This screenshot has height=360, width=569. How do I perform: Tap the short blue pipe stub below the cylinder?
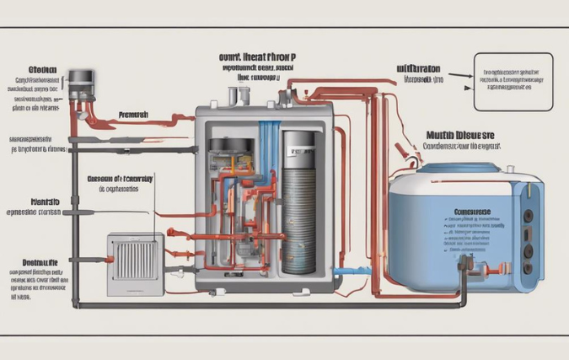[x=341, y=272]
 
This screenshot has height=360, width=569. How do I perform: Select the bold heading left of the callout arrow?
[x=417, y=67]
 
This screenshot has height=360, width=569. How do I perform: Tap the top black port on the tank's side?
[x=528, y=214]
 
